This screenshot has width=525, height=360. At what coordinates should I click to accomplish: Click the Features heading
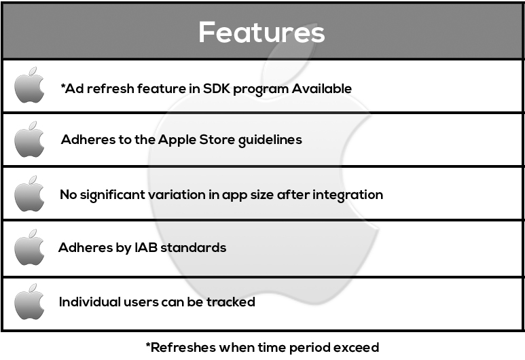[x=261, y=32]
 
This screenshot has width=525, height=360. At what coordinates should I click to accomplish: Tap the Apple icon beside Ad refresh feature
[x=29, y=85]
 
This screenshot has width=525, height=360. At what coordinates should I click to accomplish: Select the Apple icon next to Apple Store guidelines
[x=29, y=139]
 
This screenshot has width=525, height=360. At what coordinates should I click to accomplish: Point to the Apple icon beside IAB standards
[x=29, y=247]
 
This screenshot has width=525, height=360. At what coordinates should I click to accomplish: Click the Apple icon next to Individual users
[x=29, y=302]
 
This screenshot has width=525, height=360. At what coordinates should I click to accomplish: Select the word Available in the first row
[x=321, y=88]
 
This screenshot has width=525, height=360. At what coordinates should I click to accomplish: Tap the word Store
[x=217, y=139]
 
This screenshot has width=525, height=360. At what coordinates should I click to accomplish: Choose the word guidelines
[x=270, y=141]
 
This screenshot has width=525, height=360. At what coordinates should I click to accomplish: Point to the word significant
[x=112, y=195]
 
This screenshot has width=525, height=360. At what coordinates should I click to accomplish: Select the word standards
[x=193, y=247]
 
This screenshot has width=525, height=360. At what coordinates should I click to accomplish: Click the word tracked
[x=231, y=302]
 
